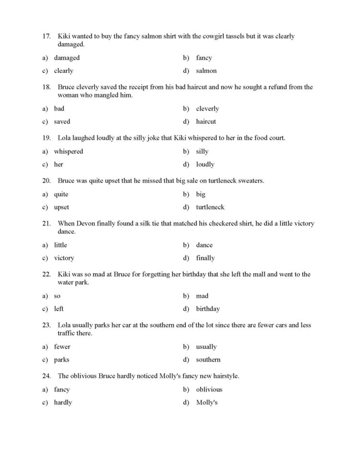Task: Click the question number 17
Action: click(x=47, y=37)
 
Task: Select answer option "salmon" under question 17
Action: click(x=206, y=71)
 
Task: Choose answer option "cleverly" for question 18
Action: click(x=207, y=109)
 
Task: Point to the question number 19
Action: click(x=47, y=138)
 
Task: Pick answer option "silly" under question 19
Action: click(x=202, y=152)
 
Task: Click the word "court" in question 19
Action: click(x=275, y=138)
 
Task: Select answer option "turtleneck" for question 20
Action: click(x=210, y=208)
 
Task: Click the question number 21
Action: click(x=47, y=224)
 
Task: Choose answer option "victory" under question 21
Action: click(x=64, y=258)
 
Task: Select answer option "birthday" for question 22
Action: click(x=208, y=309)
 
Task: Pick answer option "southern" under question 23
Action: click(x=208, y=360)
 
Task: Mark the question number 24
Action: click(x=47, y=376)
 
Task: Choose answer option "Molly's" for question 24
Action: click(x=206, y=403)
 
